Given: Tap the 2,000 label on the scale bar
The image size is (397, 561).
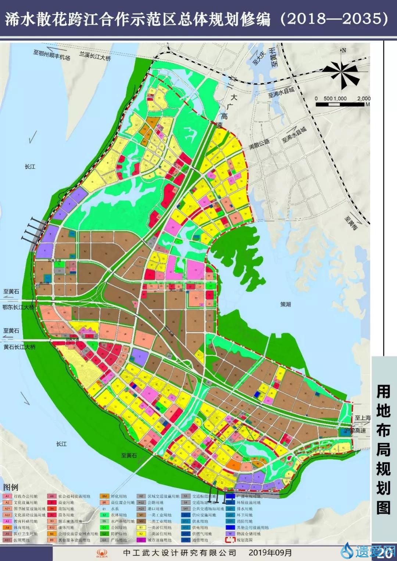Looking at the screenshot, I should [364, 98].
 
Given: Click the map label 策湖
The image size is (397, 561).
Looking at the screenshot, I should [286, 304].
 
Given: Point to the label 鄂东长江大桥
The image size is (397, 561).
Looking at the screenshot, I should [18, 307].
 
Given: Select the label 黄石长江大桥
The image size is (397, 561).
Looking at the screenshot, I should [19, 347].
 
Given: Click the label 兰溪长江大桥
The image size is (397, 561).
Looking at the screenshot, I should [95, 56].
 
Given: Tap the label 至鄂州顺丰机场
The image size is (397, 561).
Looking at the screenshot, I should [51, 55].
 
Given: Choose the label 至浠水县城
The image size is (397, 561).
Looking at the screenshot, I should [281, 92].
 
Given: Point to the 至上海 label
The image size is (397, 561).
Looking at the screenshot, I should [362, 418].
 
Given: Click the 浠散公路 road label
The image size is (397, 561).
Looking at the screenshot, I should [259, 144].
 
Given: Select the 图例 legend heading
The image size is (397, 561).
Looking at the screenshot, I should [11, 487].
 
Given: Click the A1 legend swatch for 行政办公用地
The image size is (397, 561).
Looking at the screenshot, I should [7, 496].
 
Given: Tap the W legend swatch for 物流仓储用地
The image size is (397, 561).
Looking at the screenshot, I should [230, 533].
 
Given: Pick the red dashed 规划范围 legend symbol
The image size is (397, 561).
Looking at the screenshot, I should [230, 540].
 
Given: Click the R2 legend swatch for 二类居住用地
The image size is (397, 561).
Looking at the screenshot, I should [141, 533].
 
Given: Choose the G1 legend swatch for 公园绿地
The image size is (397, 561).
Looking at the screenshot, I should [104, 527].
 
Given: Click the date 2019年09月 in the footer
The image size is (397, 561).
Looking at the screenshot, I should [270, 553].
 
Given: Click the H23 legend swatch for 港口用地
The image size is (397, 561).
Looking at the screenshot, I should [141, 508].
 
